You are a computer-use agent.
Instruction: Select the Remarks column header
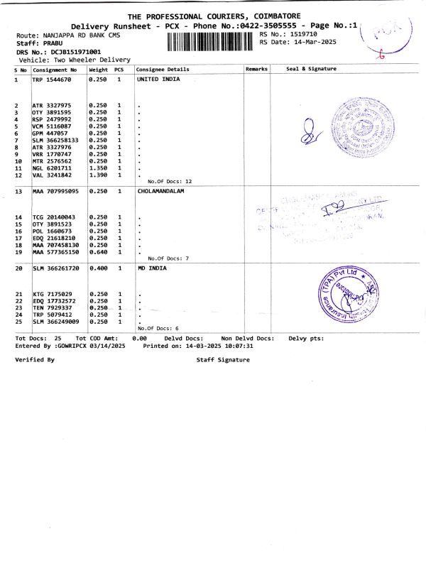pos(256,70)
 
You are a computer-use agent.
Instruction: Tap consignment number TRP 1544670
pos(51,80)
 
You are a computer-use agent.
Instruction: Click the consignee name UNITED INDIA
pos(158,80)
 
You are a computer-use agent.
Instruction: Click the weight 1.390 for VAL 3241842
pos(97,175)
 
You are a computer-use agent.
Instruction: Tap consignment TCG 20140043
pos(54,217)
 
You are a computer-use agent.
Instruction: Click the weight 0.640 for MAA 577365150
pos(97,252)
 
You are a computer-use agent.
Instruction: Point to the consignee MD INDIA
pos(151,268)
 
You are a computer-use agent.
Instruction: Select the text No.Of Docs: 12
pos(165,182)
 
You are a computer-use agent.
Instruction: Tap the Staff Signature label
pos(223,360)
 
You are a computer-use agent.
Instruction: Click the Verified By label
pos(35,360)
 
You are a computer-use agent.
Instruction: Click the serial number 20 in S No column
pos(19,268)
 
